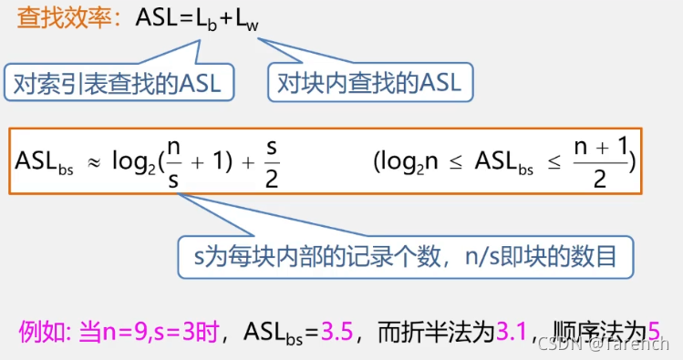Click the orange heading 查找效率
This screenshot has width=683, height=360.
click(x=65, y=19)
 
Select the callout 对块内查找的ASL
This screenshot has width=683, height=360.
click(x=370, y=83)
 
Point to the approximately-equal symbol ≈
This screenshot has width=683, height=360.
click(x=92, y=160)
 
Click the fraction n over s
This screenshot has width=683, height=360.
click(x=173, y=160)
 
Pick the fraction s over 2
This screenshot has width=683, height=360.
click(x=272, y=160)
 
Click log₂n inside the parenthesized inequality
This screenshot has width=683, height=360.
click(x=411, y=160)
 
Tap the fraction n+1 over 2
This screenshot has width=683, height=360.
click(x=598, y=160)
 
